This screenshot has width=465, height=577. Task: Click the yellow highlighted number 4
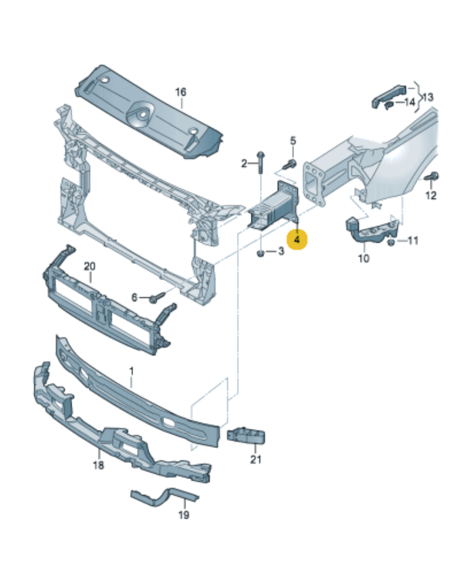[297, 240]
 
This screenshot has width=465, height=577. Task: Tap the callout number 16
[181, 92]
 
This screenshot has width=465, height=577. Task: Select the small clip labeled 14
[388, 106]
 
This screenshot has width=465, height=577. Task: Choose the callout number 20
[90, 266]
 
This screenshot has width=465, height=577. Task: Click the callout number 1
[131, 371]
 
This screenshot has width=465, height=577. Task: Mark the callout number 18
[98, 465]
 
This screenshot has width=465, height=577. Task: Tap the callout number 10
[363, 258]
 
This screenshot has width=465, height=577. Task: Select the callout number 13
[428, 97]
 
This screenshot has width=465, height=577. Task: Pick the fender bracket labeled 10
[370, 229]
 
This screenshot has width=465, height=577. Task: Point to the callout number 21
[256, 459]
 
